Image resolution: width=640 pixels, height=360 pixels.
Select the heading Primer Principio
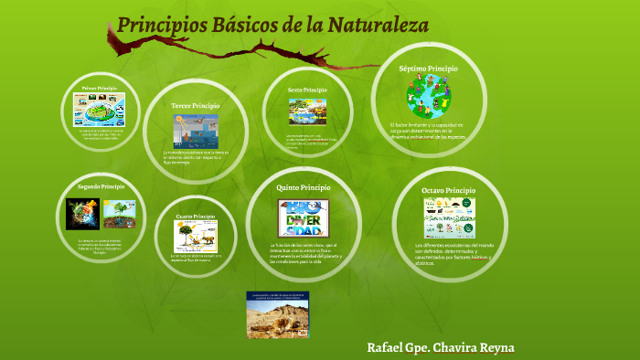point(100,89)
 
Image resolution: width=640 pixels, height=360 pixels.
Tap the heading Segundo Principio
point(101,186)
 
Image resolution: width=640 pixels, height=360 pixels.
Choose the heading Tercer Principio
point(196,107)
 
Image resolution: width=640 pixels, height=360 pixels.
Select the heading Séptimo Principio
point(429,69)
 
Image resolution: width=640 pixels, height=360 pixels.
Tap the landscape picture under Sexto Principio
point(307,111)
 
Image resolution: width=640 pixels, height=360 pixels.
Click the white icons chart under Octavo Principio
point(449,218)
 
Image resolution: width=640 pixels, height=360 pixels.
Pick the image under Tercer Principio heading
point(196,131)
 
